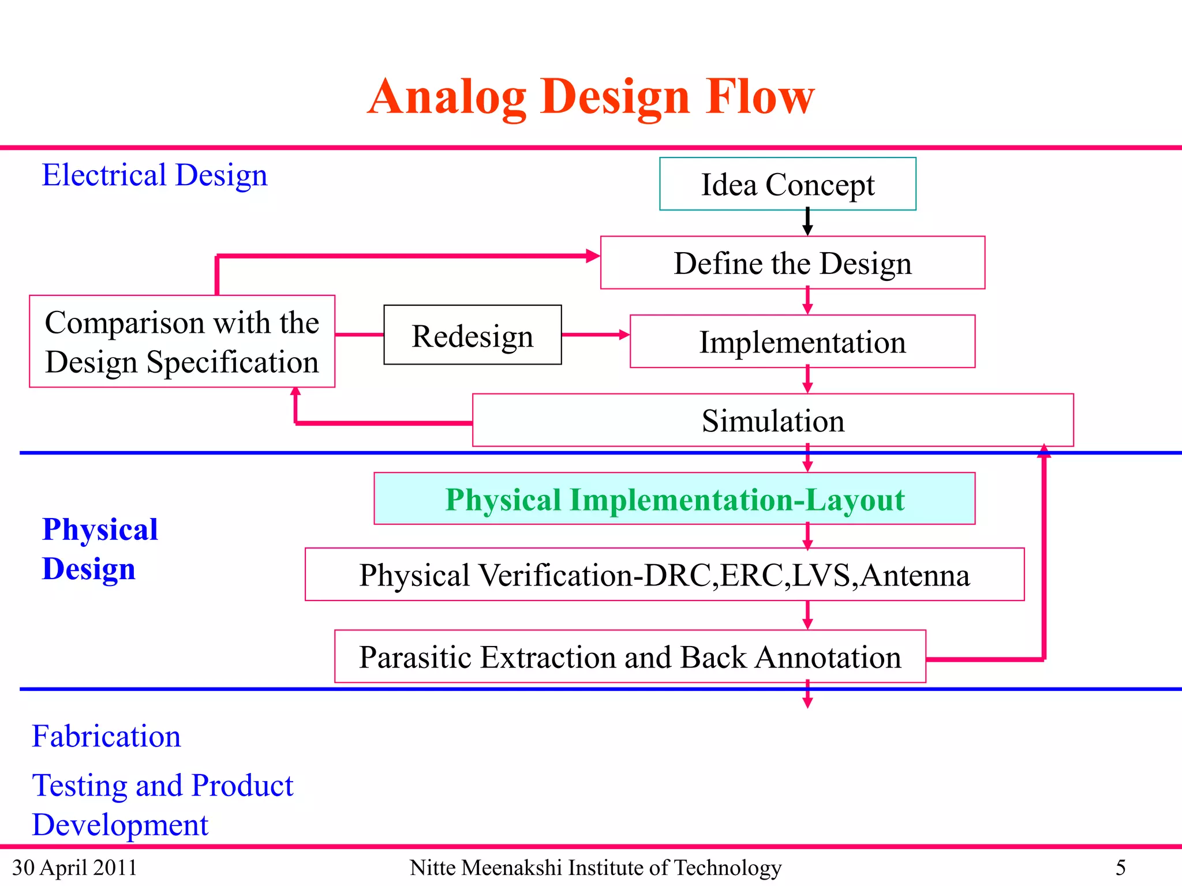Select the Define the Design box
pos(792,263)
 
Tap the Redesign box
pos(472,335)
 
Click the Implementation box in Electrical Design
pos(802,341)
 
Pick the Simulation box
pos(773,421)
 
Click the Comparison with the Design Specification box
pos(182,341)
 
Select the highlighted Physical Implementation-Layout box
pos(674,499)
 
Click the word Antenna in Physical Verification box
pos(915,575)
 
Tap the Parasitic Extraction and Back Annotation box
pos(630,656)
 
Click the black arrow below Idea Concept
pos(807,222)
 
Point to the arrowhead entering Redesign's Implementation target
pos(624,335)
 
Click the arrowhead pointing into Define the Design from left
pos(593,256)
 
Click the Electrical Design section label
pos(155,175)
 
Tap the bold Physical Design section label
pos(100,549)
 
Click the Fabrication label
pos(106,736)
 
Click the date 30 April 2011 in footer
pos(74,868)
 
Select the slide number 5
pos(1120,868)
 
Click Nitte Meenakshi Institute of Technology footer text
pos(595,868)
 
